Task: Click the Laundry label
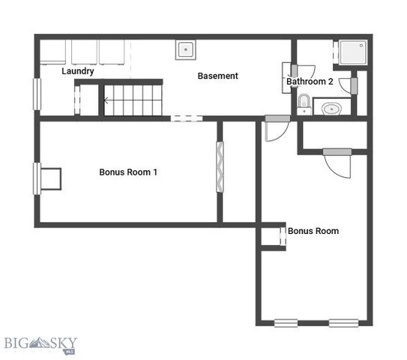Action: (x=77, y=71)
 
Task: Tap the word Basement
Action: (x=217, y=76)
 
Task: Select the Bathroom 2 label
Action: (x=310, y=82)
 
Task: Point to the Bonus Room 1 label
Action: (x=128, y=172)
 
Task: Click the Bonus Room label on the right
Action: (x=313, y=231)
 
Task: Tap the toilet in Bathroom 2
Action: (x=304, y=102)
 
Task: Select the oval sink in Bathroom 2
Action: (x=331, y=109)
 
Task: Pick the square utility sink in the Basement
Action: (x=185, y=49)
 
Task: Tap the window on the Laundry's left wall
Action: (x=35, y=94)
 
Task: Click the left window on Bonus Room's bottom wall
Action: (x=286, y=323)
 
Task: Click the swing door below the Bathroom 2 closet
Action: (x=337, y=160)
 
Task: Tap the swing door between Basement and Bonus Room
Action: (x=274, y=127)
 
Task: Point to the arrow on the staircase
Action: (x=107, y=100)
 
